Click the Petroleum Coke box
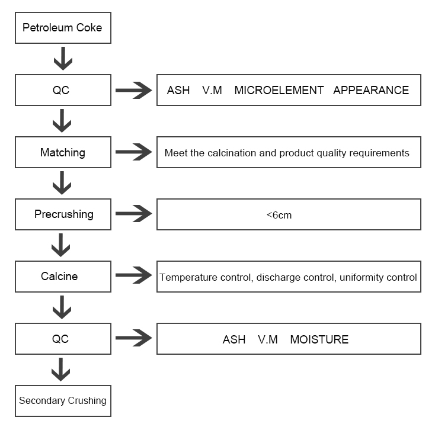pyautogui.click(x=62, y=28)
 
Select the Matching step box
pyautogui.click(x=62, y=153)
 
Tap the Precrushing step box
pyautogui.click(x=62, y=214)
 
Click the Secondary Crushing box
pyautogui.click(x=62, y=401)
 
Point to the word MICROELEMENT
pyautogui.click(x=279, y=91)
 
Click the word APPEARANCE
pyautogui.click(x=371, y=91)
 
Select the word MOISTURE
pyautogui.click(x=319, y=339)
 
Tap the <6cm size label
pyautogui.click(x=279, y=215)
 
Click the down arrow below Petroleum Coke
pyautogui.click(x=62, y=59)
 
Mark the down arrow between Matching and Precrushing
pyautogui.click(x=62, y=184)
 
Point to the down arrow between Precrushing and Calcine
pyautogui.click(x=62, y=246)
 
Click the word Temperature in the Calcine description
pyautogui.click(x=187, y=277)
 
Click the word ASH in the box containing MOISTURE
pyautogui.click(x=234, y=339)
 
